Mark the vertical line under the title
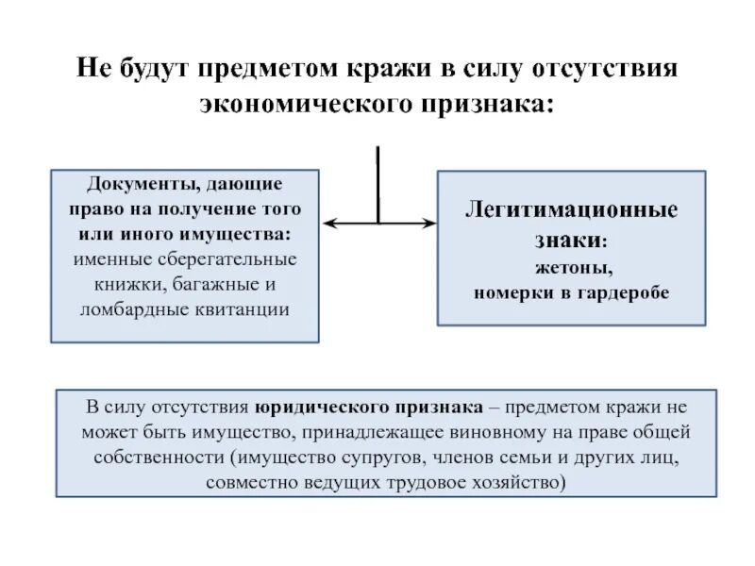pos(378,184)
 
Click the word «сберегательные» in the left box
pos(234,258)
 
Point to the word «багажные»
pos(215,283)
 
